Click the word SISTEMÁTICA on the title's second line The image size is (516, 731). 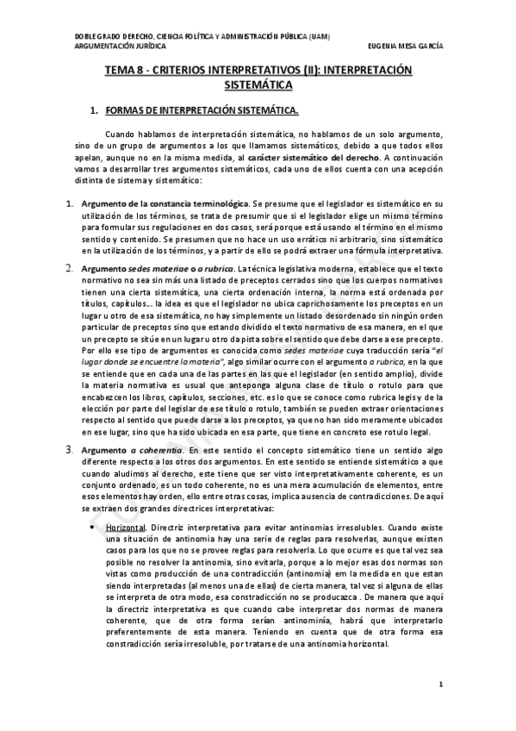(x=258, y=86)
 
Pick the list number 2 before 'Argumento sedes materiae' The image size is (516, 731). (x=71, y=269)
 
